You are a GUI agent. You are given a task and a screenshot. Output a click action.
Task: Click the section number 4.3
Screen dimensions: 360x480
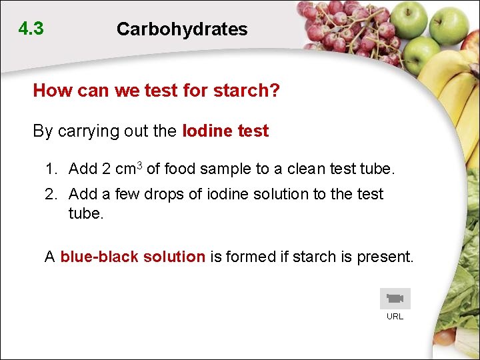click(x=31, y=29)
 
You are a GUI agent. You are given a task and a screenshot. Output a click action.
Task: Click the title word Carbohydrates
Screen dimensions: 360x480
click(x=181, y=29)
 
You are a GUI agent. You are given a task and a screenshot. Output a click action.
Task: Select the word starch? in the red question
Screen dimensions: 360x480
click(x=247, y=91)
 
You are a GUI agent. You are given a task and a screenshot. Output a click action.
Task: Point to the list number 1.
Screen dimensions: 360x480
click(x=51, y=169)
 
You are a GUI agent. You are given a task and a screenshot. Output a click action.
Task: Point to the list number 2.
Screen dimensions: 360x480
click(x=51, y=194)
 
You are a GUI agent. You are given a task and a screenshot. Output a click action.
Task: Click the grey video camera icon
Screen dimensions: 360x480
click(x=395, y=299)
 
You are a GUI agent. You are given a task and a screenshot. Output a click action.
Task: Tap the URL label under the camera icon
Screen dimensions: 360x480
click(x=395, y=317)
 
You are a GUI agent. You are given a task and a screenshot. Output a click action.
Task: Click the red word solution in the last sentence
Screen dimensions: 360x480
click(x=175, y=257)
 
